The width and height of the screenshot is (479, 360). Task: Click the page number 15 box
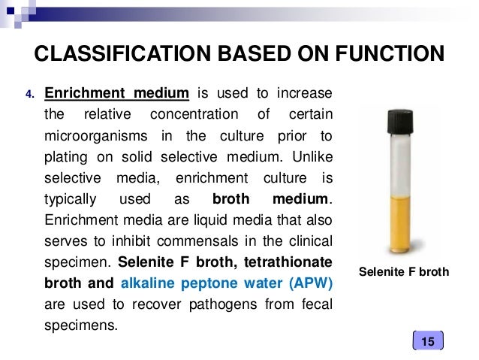click(428, 342)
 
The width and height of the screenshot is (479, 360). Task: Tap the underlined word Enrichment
click(85, 94)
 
